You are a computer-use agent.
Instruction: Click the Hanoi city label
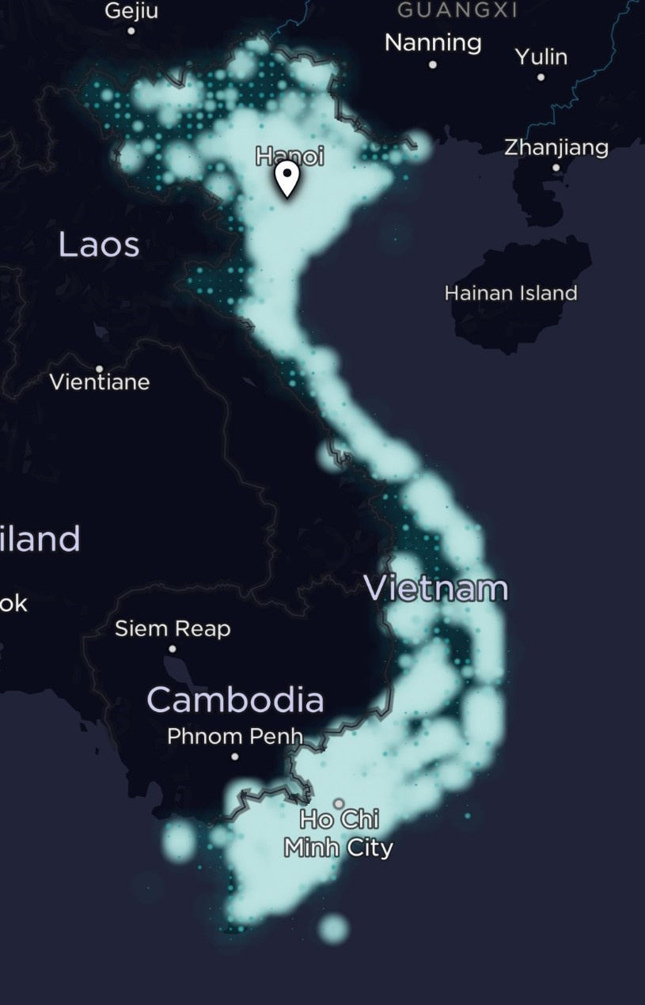pyautogui.click(x=290, y=156)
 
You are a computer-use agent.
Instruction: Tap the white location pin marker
pyautogui.click(x=287, y=179)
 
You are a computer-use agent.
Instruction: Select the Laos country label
pyautogui.click(x=99, y=245)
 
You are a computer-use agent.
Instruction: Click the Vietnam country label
pyautogui.click(x=435, y=589)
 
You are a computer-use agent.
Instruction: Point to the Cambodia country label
pyautogui.click(x=235, y=700)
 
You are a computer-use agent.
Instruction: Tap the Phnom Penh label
pyautogui.click(x=234, y=736)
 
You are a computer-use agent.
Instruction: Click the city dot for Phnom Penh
pyautogui.click(x=234, y=757)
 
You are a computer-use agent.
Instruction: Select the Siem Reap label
pyautogui.click(x=173, y=629)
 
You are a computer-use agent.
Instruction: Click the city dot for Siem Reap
pyautogui.click(x=173, y=649)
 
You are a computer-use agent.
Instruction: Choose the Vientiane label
pyautogui.click(x=99, y=382)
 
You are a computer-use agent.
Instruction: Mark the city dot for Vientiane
pyautogui.click(x=99, y=369)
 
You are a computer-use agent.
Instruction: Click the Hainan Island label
pyautogui.click(x=510, y=293)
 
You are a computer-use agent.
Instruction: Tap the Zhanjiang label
pyautogui.click(x=556, y=147)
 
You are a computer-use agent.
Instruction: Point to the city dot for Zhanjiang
pyautogui.click(x=556, y=168)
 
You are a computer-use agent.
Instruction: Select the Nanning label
pyautogui.click(x=433, y=43)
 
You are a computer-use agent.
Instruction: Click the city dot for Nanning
pyautogui.click(x=433, y=64)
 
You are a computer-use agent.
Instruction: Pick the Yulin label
pyautogui.click(x=541, y=57)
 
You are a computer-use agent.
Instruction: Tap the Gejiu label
pyautogui.click(x=131, y=11)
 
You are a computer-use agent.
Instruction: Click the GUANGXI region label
pyautogui.click(x=457, y=9)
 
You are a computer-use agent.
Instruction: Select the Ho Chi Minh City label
pyautogui.click(x=339, y=833)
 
